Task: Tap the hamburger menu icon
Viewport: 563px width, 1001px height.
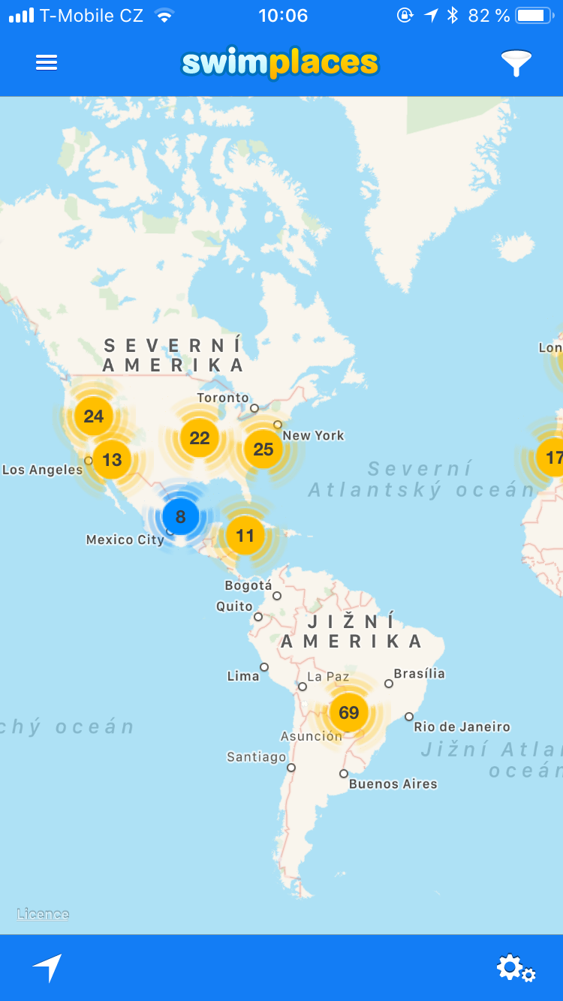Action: pos(47,63)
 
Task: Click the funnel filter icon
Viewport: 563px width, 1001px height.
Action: pos(516,63)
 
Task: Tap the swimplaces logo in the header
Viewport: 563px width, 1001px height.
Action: pos(280,64)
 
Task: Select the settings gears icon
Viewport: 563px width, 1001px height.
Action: pos(516,968)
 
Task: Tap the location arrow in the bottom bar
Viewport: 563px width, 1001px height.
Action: pos(47,968)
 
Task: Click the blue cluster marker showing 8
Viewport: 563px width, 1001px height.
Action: pos(180,516)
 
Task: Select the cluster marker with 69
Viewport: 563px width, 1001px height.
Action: pos(349,712)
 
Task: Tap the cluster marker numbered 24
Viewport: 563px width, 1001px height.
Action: pos(94,416)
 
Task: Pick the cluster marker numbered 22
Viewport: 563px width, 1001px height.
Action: pos(200,438)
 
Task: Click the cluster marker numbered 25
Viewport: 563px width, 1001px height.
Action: pos(263,449)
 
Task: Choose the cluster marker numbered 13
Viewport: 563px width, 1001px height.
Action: pos(112,459)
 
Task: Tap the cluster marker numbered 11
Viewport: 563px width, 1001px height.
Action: pos(245,536)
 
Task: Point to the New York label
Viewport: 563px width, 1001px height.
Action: pos(313,435)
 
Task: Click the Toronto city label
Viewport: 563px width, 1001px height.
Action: pos(223,398)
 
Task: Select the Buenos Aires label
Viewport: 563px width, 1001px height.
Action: pos(393,784)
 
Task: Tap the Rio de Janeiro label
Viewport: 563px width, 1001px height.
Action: pos(462,726)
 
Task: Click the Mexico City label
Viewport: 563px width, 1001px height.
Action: pos(125,540)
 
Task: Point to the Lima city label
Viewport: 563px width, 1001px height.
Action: pos(243,676)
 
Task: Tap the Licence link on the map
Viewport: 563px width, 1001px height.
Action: pos(43,914)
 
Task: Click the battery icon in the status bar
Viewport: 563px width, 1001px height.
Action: pos(535,15)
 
